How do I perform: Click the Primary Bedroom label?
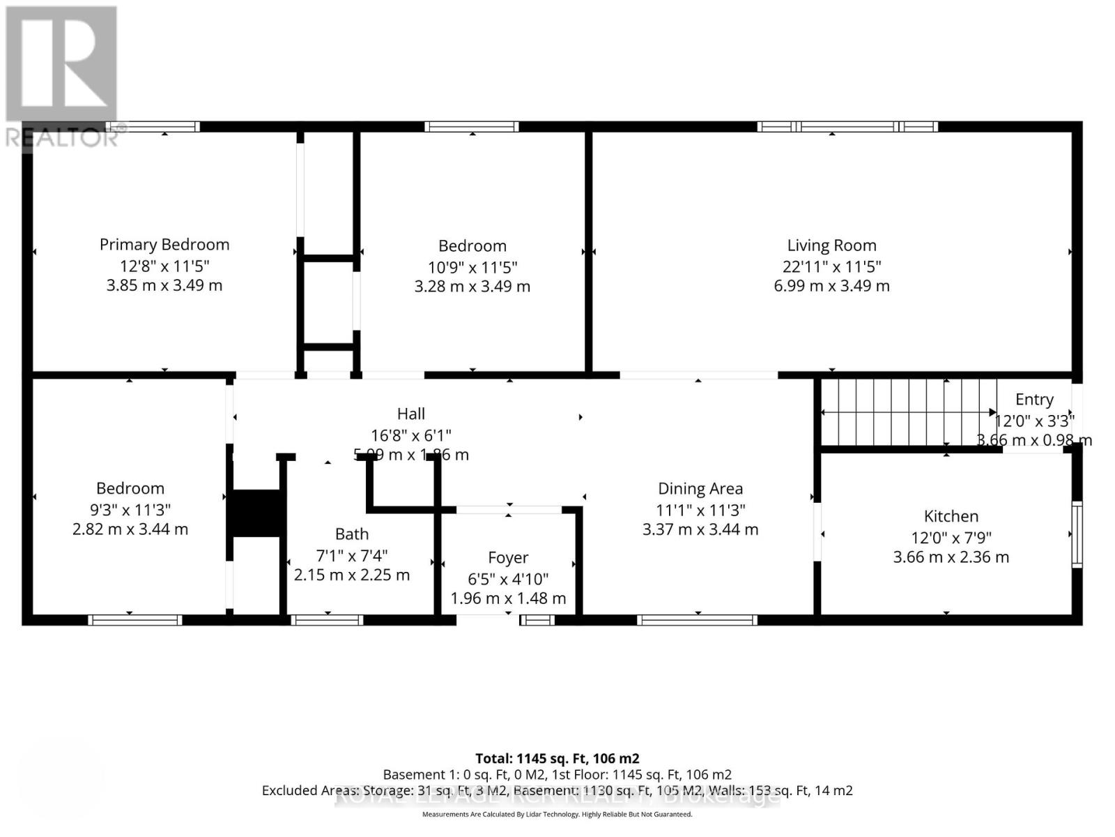[164, 245]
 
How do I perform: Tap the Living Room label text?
[831, 246]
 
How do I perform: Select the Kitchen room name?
[951, 516]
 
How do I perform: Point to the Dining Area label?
[700, 489]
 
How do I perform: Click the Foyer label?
[507, 558]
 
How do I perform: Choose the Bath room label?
[351, 534]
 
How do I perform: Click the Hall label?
[410, 414]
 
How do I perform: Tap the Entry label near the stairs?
[1033, 400]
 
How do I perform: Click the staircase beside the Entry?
[906, 412]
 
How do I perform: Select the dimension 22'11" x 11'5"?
[831, 266]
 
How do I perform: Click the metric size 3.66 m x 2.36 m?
[951, 557]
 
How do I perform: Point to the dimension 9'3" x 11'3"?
[130, 509]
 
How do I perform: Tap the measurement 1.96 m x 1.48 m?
[507, 598]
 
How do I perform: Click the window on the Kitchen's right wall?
[1077, 534]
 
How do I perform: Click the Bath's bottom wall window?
[327, 619]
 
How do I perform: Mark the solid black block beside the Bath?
[256, 513]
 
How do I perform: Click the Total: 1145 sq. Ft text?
[557, 758]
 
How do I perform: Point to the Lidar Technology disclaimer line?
[557, 814]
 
